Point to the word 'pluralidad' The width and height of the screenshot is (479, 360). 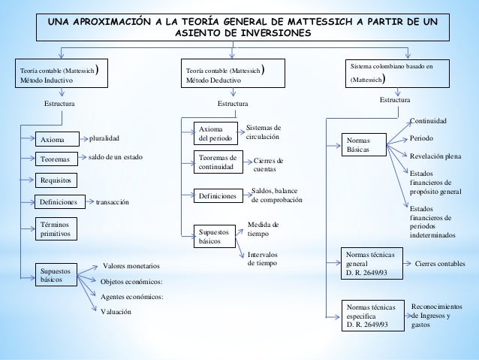click(104, 139)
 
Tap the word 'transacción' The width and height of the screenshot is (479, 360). click(113, 202)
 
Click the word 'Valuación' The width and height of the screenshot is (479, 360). click(116, 311)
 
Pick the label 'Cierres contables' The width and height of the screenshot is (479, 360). click(440, 265)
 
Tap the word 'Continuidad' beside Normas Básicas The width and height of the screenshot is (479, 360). click(428, 120)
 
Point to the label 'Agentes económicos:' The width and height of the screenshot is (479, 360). click(131, 296)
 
